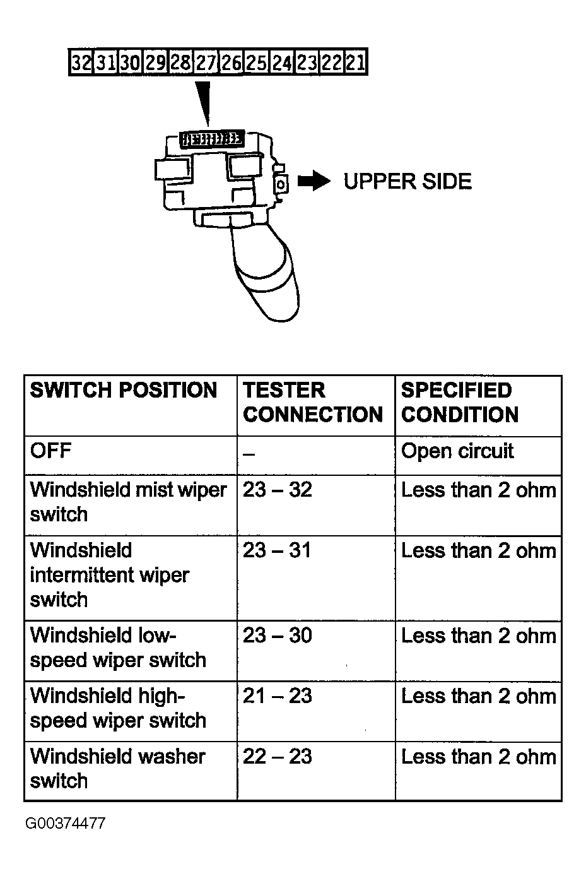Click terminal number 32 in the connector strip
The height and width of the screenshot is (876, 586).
pos(81,63)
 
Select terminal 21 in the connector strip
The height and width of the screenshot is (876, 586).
pos(355,63)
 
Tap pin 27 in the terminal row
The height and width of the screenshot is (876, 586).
pos(206,63)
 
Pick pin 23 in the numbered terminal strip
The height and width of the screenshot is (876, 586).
pos(306,63)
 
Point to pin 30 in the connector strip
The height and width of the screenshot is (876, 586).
pos(131,63)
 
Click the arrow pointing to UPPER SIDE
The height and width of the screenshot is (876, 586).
pos(314,182)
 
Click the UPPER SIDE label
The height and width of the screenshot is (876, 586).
pos(407,182)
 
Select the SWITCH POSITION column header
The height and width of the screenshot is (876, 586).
pos(124,391)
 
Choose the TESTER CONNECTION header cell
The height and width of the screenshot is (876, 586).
pos(313,402)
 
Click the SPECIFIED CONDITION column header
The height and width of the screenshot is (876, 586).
pos(460,402)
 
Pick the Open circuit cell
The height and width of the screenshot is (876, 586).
pos(457,451)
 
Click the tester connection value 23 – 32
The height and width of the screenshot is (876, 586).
pos(278,490)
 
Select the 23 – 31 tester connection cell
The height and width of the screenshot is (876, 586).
pos(278,550)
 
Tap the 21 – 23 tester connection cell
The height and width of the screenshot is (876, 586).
pos(278,696)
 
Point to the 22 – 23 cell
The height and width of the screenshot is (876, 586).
pos(278,757)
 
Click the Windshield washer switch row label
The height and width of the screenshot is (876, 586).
pos(117,768)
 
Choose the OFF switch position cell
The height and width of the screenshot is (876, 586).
pos(50,451)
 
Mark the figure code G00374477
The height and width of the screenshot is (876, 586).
pos(66,824)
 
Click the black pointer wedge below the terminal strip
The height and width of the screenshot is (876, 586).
pos(204,101)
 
